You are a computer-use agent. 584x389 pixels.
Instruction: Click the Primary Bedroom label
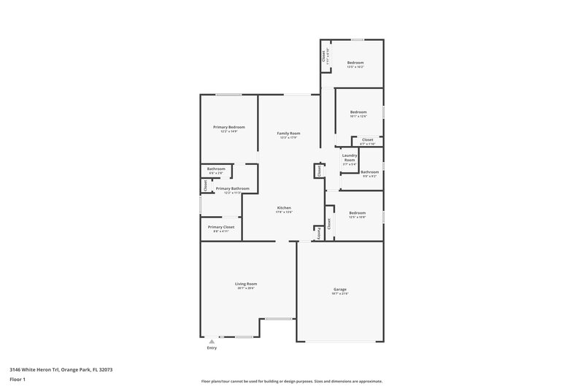coord(228,127)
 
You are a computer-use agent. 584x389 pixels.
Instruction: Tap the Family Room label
coord(288,134)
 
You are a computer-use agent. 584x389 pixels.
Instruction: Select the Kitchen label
coord(284,208)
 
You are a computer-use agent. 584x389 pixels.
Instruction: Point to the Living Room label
coord(245,284)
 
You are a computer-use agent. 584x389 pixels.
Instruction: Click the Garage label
coord(339,289)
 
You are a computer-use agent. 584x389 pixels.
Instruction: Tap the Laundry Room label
coord(349,157)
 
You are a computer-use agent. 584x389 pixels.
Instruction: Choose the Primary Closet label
coord(220,227)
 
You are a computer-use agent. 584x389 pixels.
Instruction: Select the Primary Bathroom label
coord(232,188)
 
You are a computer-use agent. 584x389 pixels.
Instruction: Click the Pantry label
coord(319,234)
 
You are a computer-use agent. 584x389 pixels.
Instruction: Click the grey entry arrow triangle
coord(212,341)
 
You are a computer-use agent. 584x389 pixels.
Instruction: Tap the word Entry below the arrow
coord(212,348)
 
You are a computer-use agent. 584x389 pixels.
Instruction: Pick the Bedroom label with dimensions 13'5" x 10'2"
coord(355,63)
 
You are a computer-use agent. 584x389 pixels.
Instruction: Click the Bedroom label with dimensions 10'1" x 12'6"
coord(358,112)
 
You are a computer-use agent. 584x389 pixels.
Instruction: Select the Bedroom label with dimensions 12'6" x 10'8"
coord(357,212)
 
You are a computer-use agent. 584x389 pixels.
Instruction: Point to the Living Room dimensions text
coord(245,288)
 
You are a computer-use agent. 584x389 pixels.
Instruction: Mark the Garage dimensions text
coord(339,293)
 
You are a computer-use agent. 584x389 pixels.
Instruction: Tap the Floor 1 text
coord(18,380)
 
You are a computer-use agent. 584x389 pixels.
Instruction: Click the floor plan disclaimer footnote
coord(291,381)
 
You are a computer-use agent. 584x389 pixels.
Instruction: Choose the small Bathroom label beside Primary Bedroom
coord(215,169)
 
